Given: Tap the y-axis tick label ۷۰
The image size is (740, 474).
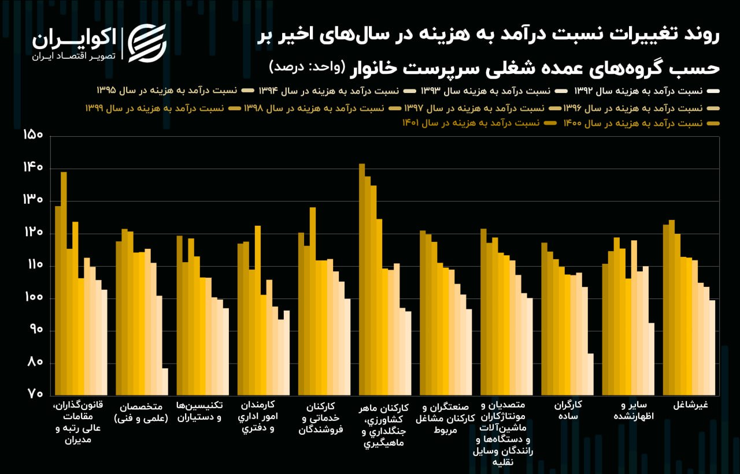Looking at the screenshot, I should click(x=34, y=395).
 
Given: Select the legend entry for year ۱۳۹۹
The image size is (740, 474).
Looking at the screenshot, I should click(x=156, y=108).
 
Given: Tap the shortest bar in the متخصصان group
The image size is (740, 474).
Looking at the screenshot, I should click(x=165, y=382).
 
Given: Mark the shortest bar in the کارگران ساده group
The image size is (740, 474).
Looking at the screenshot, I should click(x=590, y=374).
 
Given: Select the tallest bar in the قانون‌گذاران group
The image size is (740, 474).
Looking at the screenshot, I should click(x=64, y=283).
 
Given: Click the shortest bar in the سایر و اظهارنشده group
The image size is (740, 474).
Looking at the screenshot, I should click(x=652, y=359).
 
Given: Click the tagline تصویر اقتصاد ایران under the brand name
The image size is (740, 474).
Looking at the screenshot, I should click(x=73, y=57).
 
